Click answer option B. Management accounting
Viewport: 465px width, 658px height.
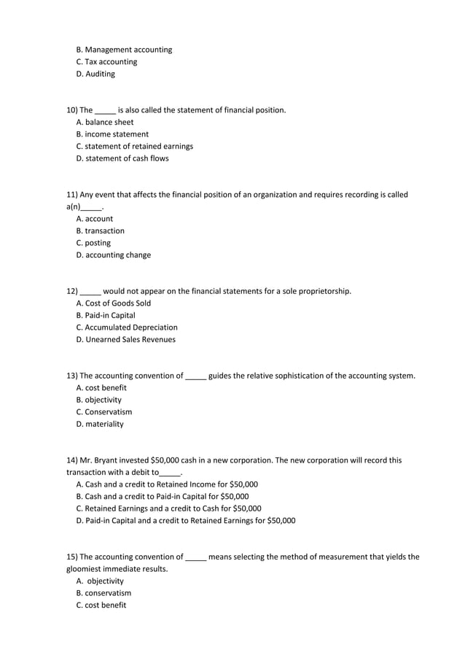click(124, 50)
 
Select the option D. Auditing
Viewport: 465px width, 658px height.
click(95, 74)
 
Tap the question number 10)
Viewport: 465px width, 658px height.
click(72, 110)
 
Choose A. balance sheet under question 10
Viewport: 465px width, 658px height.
click(105, 122)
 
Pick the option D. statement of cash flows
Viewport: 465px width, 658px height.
click(122, 158)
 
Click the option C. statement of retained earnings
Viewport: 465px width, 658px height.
click(134, 146)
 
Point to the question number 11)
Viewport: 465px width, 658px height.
click(72, 195)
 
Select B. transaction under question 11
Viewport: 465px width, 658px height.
click(100, 231)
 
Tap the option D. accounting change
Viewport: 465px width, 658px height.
click(113, 255)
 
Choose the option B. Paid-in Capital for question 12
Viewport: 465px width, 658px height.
click(106, 315)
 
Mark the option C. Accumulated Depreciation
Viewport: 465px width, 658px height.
click(127, 328)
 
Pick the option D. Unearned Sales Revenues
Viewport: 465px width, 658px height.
click(125, 339)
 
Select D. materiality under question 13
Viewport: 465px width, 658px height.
click(100, 424)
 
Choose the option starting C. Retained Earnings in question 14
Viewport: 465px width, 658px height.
click(168, 508)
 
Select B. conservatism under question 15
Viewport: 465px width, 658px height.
click(103, 593)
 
